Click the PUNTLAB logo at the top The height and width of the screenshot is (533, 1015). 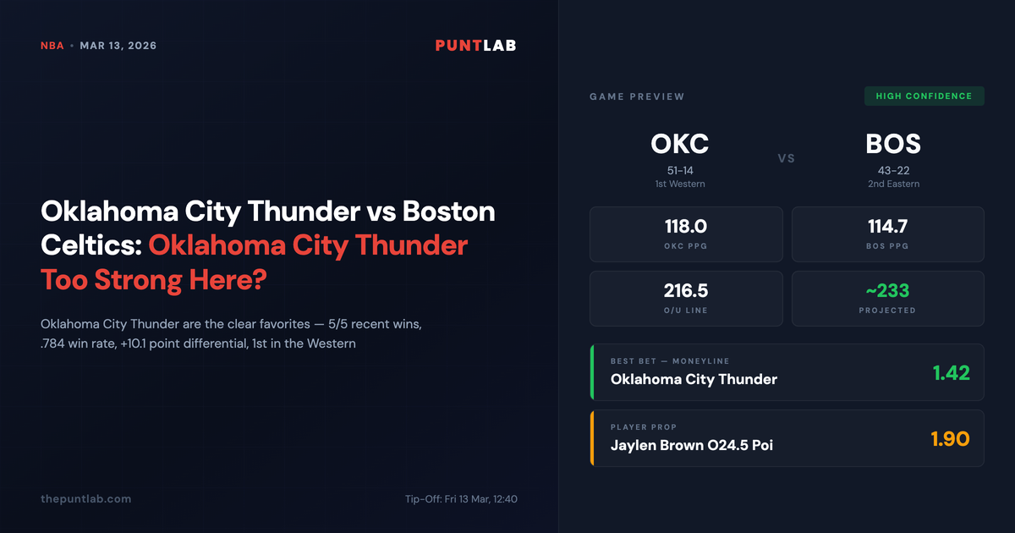click(x=475, y=46)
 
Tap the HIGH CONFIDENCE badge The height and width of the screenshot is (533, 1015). click(x=924, y=96)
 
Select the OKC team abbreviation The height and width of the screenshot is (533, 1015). click(x=679, y=144)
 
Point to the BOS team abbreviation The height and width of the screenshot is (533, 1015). click(x=893, y=144)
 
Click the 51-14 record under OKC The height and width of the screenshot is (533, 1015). click(x=679, y=170)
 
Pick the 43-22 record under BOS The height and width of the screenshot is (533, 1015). click(x=893, y=170)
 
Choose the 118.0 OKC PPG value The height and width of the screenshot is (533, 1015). click(x=686, y=227)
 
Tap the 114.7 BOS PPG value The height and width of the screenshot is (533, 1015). click(x=887, y=227)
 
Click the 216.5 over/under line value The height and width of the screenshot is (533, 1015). click(x=686, y=291)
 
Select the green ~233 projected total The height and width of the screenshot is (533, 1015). click(x=887, y=291)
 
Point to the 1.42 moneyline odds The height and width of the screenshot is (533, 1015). click(x=951, y=372)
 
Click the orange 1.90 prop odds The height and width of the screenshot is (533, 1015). click(x=950, y=438)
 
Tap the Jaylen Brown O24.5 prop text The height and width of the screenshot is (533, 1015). click(x=691, y=445)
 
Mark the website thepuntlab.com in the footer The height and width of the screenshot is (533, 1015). click(x=85, y=499)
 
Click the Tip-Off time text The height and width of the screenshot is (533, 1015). click(x=461, y=499)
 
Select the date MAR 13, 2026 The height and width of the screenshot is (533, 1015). click(x=118, y=46)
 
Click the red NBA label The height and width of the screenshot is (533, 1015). click(x=52, y=46)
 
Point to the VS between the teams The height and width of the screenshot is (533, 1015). click(x=786, y=158)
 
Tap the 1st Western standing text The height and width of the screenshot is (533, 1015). click(x=679, y=184)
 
